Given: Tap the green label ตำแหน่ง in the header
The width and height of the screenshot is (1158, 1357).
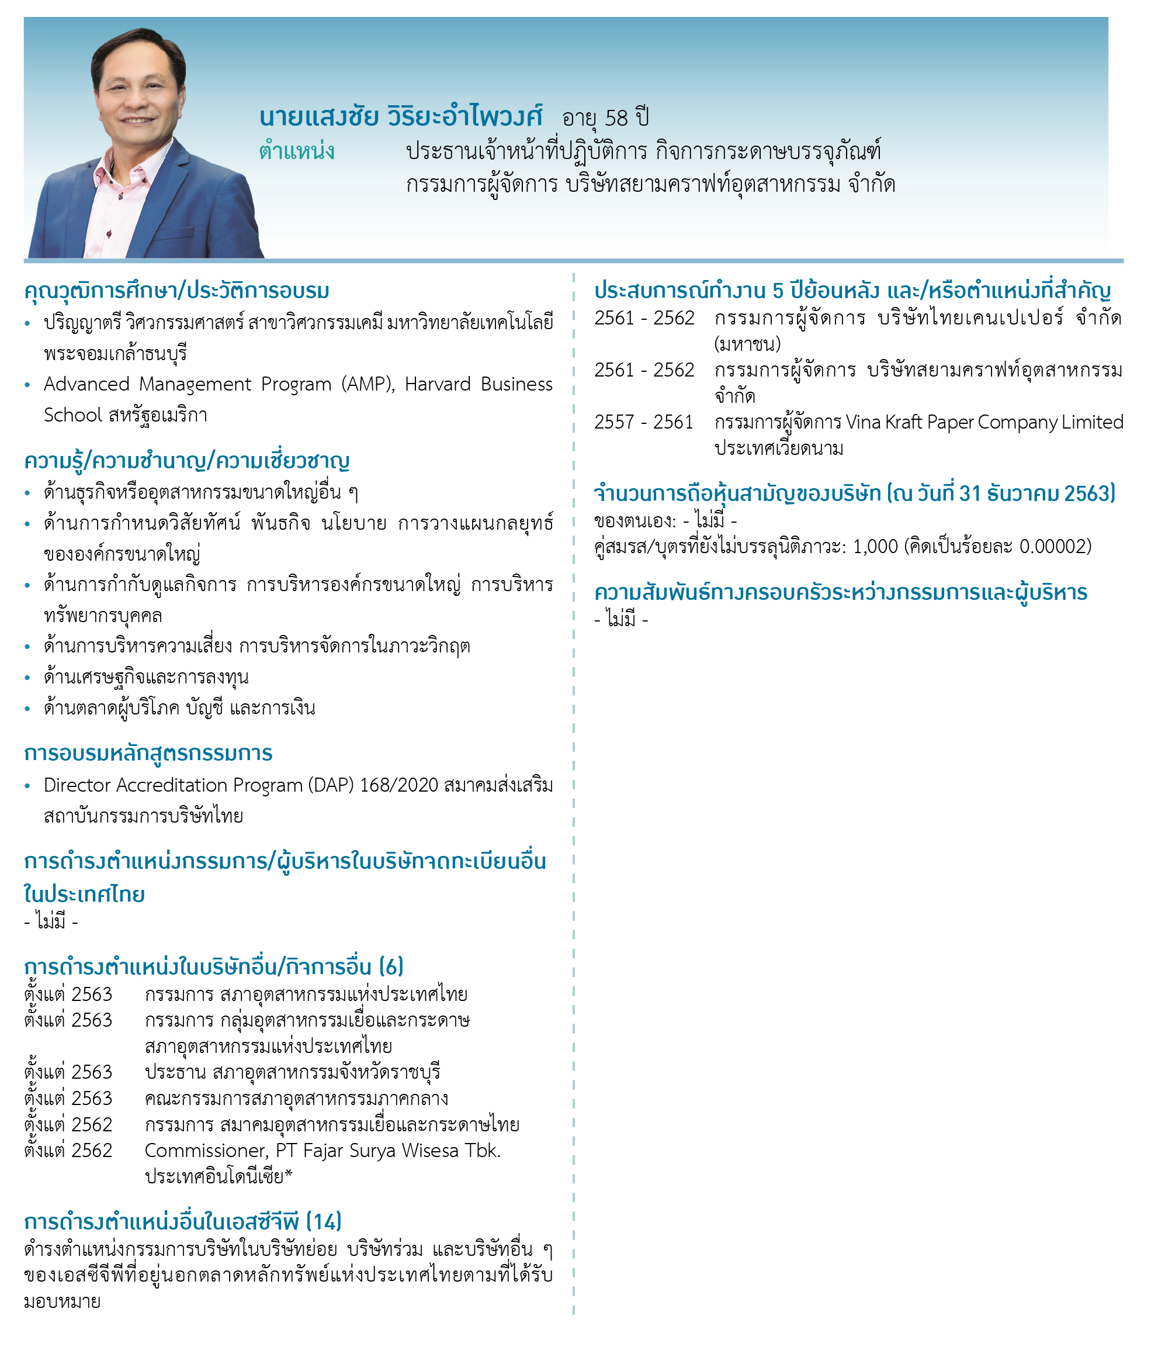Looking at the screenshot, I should coord(297,151).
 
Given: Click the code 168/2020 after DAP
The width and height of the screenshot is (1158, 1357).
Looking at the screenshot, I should coord(398,785).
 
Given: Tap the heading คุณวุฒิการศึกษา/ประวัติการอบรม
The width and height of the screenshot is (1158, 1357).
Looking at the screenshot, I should coord(177,290).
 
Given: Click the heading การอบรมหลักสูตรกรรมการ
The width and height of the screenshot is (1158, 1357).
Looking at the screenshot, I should coord(148,753).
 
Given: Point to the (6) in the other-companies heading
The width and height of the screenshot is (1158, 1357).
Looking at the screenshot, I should coord(391,966).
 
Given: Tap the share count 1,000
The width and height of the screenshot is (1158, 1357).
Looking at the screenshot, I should coord(875,546).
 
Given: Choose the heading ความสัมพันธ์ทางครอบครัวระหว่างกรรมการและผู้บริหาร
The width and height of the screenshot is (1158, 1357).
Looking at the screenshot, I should coord(840,592).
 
